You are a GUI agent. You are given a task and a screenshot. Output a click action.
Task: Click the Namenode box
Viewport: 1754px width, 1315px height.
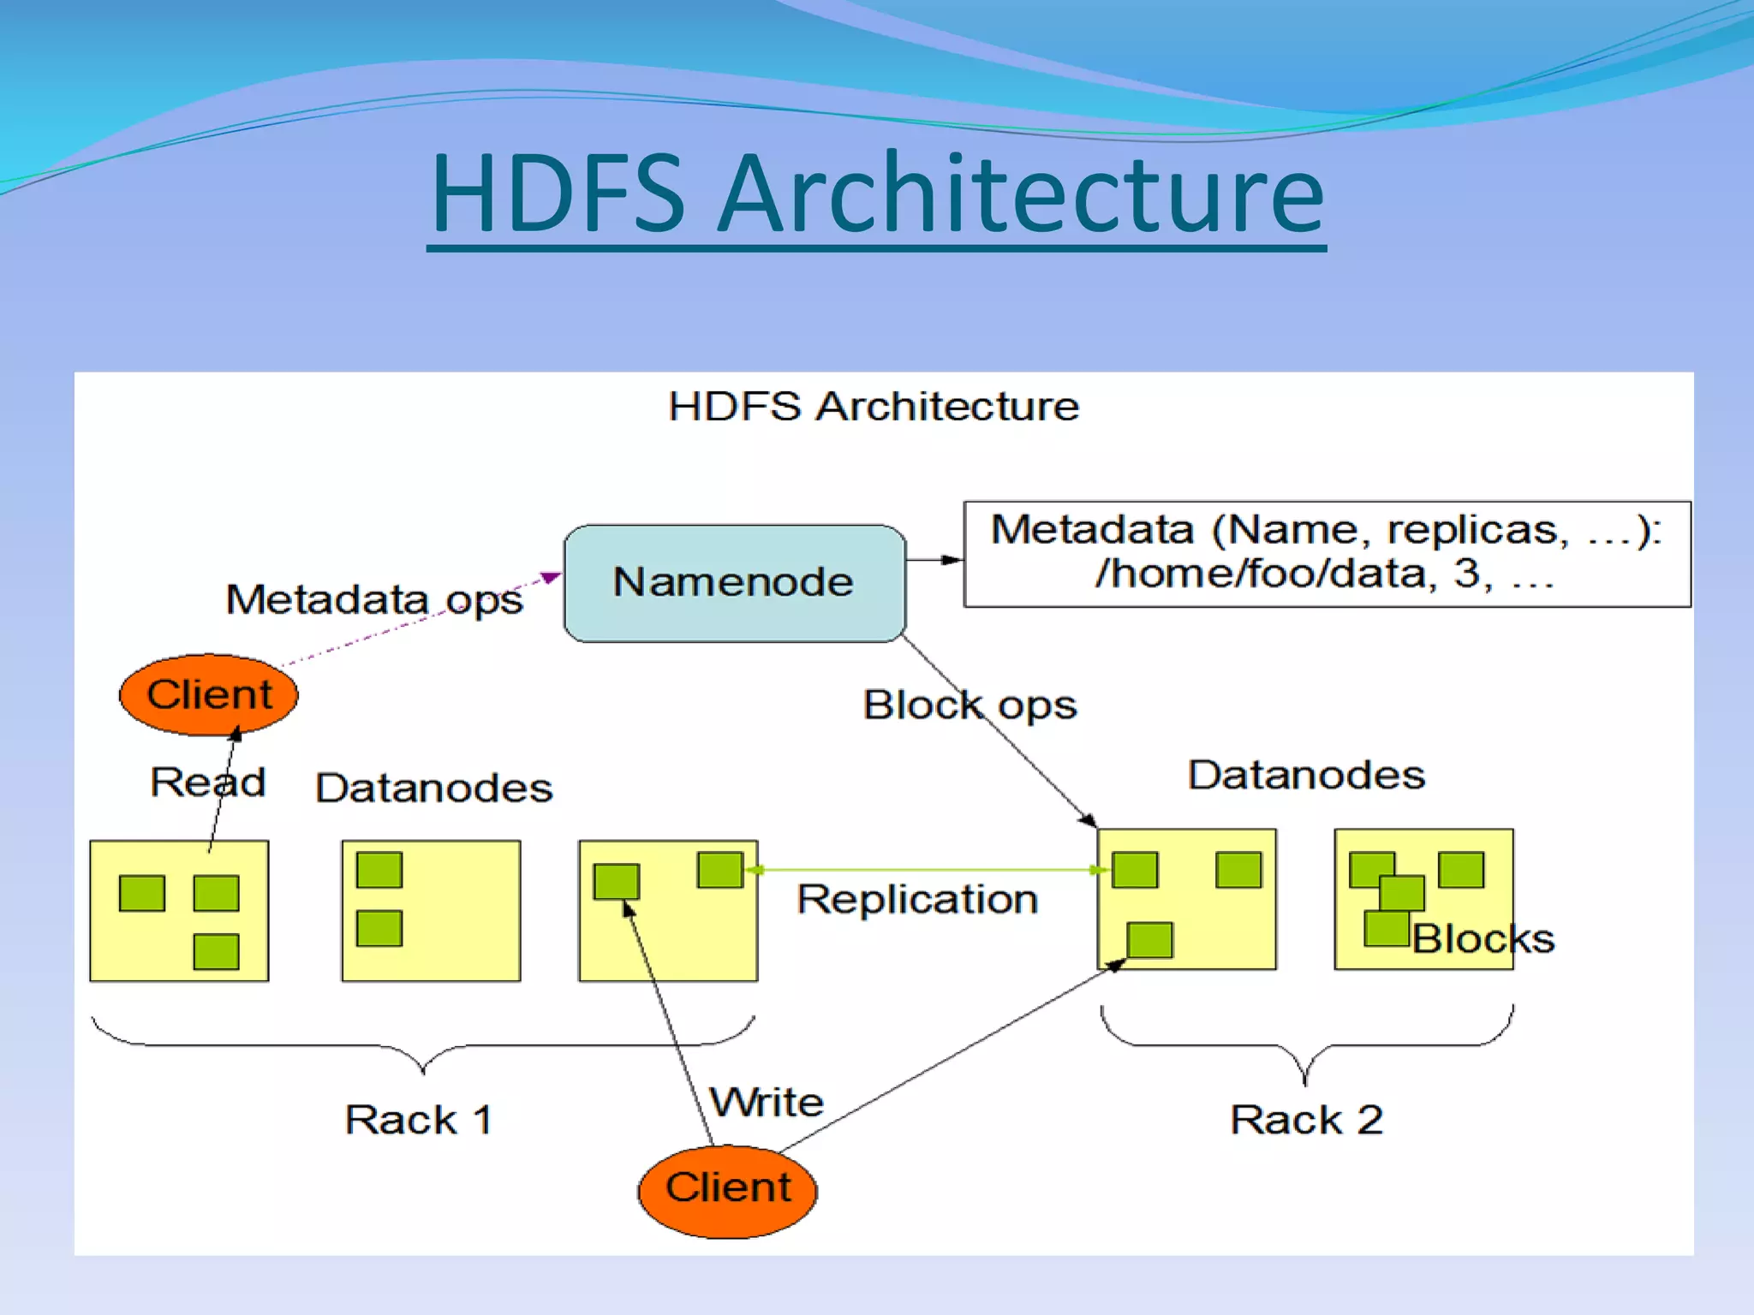(734, 583)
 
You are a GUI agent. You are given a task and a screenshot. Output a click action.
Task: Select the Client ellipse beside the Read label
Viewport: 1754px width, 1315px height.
(208, 694)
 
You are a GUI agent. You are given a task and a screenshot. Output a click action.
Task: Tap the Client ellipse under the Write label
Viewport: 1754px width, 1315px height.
(727, 1189)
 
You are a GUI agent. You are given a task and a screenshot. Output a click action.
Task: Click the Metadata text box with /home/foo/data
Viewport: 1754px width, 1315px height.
(1326, 554)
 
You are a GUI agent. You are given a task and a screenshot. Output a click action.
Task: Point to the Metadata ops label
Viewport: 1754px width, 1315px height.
(374, 599)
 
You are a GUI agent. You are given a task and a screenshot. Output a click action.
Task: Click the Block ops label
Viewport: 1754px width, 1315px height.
(969, 705)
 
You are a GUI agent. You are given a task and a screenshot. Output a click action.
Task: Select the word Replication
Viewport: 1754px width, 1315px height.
(916, 900)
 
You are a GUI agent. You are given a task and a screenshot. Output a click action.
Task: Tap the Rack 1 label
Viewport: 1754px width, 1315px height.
(418, 1120)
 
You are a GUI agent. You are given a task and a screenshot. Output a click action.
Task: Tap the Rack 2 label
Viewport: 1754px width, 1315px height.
(1306, 1120)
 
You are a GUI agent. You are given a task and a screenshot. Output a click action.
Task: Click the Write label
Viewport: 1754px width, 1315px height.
(767, 1103)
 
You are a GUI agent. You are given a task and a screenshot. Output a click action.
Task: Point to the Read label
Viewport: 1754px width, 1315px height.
(207, 782)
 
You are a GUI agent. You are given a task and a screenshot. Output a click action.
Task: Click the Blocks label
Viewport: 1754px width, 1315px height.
(1483, 939)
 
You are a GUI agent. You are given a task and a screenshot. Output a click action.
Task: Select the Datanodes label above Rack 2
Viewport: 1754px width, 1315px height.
(1305, 775)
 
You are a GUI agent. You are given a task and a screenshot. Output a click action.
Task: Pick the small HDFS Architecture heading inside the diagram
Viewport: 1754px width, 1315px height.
(873, 406)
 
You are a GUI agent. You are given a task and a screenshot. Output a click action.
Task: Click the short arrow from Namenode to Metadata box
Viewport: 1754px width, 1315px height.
(934, 560)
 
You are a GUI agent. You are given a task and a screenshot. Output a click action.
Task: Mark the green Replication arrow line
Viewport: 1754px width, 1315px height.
(925, 870)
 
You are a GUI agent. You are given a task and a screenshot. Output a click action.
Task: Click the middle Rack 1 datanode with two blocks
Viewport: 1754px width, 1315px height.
(431, 910)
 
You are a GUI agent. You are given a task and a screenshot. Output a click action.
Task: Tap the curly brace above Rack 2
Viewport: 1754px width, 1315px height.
(1306, 1046)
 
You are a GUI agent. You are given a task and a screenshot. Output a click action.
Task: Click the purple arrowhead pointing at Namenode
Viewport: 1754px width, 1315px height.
(551, 578)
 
